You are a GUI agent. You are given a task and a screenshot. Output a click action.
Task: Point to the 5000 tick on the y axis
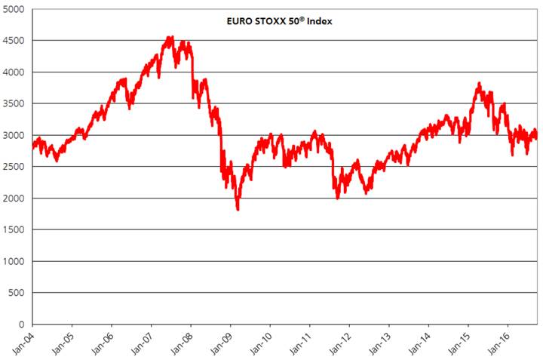point(14,9)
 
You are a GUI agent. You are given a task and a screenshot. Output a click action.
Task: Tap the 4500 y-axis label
point(14,41)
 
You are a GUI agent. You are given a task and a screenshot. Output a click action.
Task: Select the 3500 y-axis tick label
point(14,103)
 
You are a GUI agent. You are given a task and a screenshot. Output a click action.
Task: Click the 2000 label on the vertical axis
point(14,198)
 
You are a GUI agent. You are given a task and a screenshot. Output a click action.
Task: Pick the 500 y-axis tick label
point(17,293)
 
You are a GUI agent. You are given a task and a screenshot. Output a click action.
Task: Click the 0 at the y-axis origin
point(23,325)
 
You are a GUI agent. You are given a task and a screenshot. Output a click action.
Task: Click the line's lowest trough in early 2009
point(238,209)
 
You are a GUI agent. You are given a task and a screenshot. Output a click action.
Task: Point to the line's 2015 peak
point(478,83)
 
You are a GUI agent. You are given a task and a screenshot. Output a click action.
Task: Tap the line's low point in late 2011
point(337,198)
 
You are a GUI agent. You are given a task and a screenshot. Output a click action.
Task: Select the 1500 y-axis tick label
point(14,230)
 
